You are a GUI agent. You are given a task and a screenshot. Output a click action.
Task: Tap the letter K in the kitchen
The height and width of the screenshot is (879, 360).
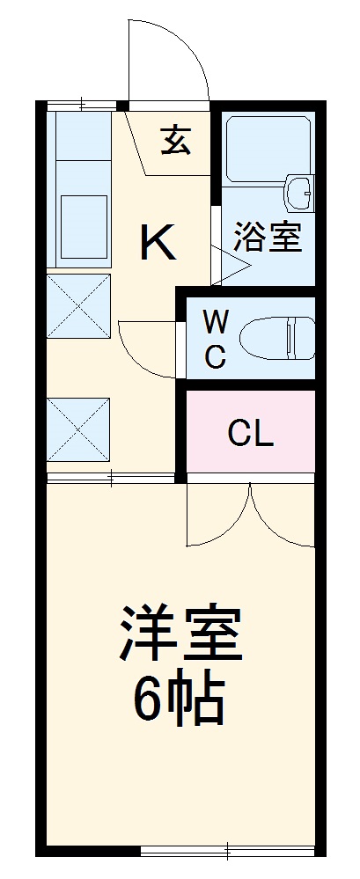coord(158,242)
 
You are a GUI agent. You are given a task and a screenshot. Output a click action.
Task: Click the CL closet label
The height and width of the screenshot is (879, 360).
coord(250,433)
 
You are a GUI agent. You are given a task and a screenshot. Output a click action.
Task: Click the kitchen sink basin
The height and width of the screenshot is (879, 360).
coord(84,216)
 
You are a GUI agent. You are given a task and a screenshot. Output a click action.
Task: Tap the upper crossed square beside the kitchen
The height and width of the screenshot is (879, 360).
coord(78,305)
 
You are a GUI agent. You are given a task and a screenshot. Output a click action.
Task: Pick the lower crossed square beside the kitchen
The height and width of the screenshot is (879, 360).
coord(78,429)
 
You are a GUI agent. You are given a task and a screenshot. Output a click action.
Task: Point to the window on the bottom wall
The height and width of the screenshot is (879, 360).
coord(227,850)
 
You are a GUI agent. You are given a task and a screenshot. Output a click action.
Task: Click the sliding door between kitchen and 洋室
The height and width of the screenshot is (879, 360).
coord(111,478)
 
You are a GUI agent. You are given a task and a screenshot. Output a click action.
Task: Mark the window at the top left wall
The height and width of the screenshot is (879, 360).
coord(81,106)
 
